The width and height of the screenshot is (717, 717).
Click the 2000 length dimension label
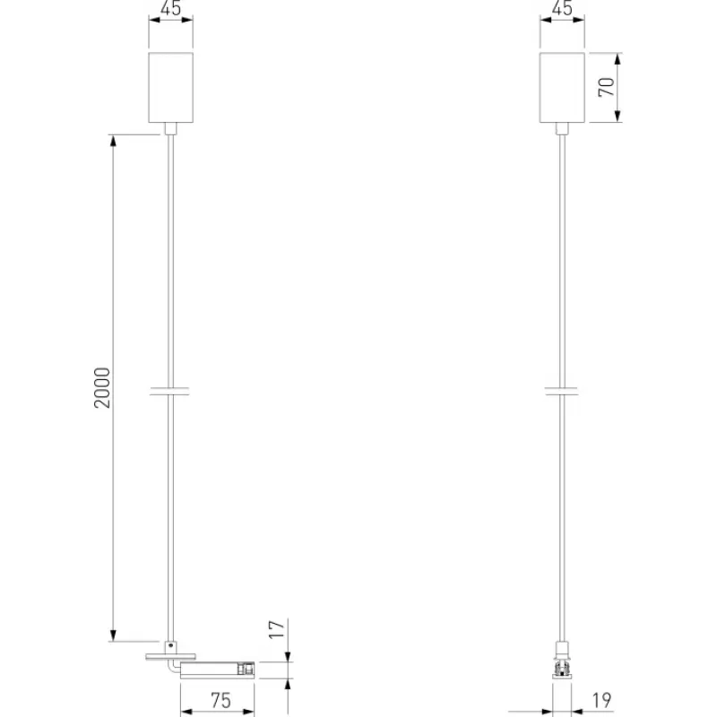point(102,387)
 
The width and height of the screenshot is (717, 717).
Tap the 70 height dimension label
point(607,87)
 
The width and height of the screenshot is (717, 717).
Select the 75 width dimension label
point(220,701)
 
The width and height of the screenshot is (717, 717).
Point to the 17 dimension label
point(277,629)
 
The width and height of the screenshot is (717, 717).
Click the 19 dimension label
point(601,700)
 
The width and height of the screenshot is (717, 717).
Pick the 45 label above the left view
point(171,8)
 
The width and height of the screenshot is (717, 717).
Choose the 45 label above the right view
point(562,8)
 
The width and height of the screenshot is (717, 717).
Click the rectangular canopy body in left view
point(170,87)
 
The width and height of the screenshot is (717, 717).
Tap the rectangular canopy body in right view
point(562,87)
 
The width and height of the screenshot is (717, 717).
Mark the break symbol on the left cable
point(169,391)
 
